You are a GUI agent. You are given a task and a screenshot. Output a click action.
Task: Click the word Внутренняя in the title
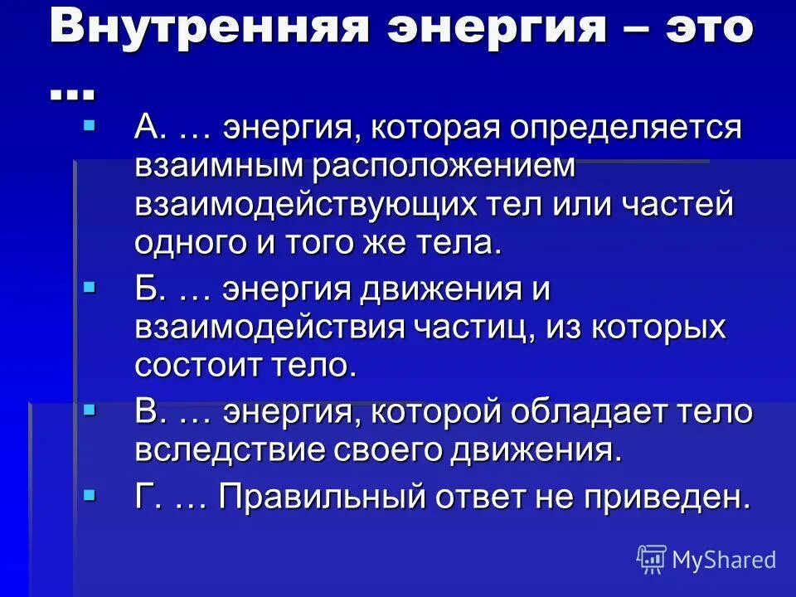[x=207, y=27]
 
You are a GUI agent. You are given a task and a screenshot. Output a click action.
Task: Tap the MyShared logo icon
[x=652, y=560]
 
